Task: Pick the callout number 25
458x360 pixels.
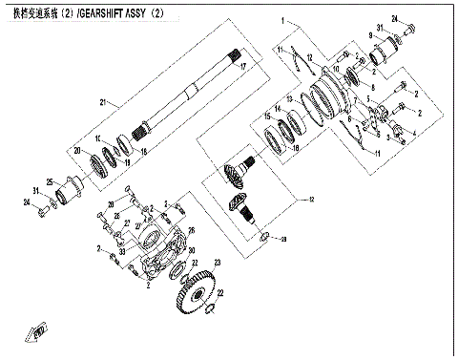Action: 50,180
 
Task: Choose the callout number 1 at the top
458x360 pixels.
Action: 282,20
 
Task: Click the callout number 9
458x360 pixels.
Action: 375,35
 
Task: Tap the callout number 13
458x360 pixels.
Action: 287,98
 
